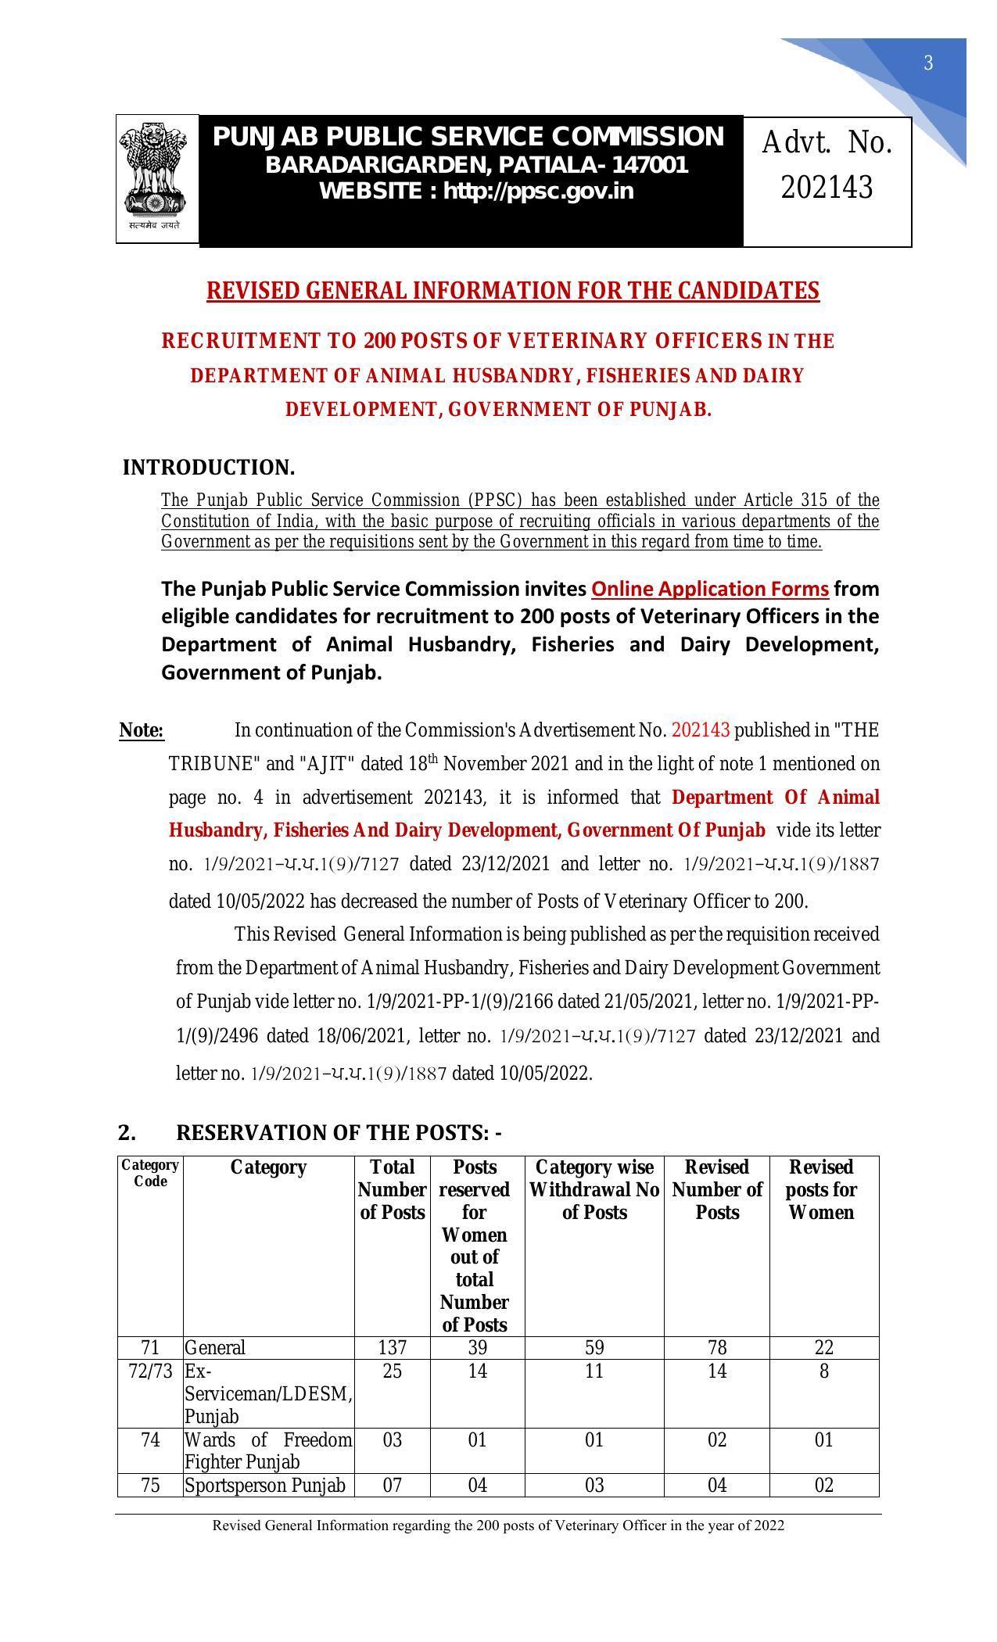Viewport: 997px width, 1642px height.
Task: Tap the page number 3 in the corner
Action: tap(928, 63)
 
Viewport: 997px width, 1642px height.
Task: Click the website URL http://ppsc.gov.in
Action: tap(539, 191)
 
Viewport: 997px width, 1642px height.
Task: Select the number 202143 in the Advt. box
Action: tap(827, 188)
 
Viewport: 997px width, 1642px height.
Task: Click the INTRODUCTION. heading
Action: tap(209, 468)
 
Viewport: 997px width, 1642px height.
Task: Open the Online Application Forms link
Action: tap(710, 589)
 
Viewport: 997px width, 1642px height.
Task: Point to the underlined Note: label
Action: tap(142, 730)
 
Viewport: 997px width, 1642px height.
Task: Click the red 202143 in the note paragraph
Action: tap(700, 730)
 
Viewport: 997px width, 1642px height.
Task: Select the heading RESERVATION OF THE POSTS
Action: tap(339, 1132)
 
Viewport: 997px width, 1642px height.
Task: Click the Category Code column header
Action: tap(150, 1173)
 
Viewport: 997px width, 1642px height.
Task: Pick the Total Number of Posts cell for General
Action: tap(392, 1347)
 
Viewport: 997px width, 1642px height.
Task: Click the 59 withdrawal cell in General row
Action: tap(594, 1347)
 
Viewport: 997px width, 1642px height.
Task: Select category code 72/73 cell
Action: tap(150, 1371)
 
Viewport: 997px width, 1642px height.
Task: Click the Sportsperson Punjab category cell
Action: tap(265, 1485)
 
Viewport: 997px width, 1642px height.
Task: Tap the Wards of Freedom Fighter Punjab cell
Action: tap(268, 1450)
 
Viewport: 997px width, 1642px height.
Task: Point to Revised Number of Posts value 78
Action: tap(716, 1347)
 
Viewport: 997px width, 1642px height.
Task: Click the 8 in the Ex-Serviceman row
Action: tap(823, 1371)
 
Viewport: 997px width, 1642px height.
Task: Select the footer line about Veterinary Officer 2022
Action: tap(498, 1525)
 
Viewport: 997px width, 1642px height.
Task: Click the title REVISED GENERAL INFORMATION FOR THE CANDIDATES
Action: tap(512, 291)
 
